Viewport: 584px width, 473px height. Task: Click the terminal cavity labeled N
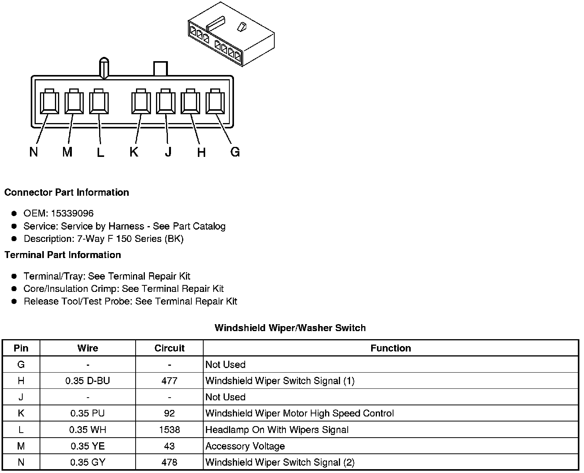pyautogui.click(x=49, y=102)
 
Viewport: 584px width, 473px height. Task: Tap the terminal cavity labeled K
pyautogui.click(x=141, y=102)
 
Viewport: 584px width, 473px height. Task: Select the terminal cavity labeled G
pyautogui.click(x=215, y=102)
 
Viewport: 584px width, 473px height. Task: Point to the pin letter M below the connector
pyautogui.click(x=67, y=152)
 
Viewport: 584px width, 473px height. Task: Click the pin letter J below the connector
pyautogui.click(x=168, y=152)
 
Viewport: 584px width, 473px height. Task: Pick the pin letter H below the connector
pyautogui.click(x=201, y=153)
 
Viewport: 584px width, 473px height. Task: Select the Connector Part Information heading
pyautogui.click(x=66, y=192)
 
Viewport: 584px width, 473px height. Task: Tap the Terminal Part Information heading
pyautogui.click(x=63, y=255)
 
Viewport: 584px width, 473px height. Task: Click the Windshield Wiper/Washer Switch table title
pyautogui.click(x=290, y=328)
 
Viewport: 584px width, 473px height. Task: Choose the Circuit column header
pyautogui.click(x=169, y=348)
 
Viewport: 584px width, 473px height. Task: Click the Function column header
pyautogui.click(x=391, y=348)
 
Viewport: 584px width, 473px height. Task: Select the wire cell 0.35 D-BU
pyautogui.click(x=88, y=381)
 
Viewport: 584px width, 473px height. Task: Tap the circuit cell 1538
pyautogui.click(x=169, y=430)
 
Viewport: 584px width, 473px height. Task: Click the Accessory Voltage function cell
pyautogui.click(x=245, y=446)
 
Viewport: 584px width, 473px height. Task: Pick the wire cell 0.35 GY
pyautogui.click(x=88, y=462)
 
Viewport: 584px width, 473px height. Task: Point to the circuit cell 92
pyautogui.click(x=169, y=413)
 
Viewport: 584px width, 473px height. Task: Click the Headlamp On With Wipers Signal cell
pyautogui.click(x=277, y=430)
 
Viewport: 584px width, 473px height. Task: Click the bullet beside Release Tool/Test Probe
pyautogui.click(x=14, y=301)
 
